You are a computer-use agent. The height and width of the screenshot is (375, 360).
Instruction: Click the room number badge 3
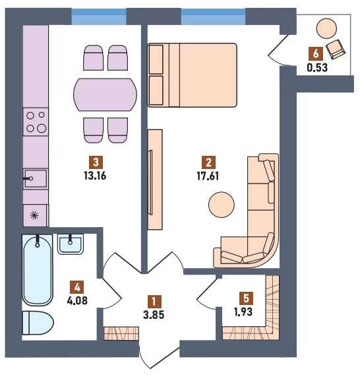tap(96, 162)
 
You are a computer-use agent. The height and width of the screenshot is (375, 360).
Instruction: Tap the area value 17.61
tap(208, 176)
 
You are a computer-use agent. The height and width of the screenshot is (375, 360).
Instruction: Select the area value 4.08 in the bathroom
tap(77, 300)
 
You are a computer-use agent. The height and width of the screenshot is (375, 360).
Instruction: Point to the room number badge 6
tap(316, 53)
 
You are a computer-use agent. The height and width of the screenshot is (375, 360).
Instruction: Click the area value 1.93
tap(243, 312)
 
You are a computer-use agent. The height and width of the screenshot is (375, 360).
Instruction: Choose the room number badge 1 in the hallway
tap(154, 301)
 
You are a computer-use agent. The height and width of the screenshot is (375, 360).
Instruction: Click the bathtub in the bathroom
tap(38, 270)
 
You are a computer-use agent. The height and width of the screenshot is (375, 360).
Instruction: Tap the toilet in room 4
tap(38, 323)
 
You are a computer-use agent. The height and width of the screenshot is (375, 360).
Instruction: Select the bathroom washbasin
tap(71, 244)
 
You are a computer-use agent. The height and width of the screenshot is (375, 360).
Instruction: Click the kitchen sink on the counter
tap(36, 179)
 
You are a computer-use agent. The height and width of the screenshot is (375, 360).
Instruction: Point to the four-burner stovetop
tap(36, 122)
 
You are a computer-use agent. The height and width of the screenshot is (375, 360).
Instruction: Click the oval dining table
tap(105, 94)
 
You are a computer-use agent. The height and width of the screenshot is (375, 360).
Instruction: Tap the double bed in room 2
tap(193, 75)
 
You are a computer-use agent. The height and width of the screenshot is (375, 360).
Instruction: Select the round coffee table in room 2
tap(221, 205)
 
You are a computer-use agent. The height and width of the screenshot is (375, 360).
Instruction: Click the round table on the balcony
tap(326, 28)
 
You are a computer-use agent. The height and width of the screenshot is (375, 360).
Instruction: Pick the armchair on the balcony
tap(336, 49)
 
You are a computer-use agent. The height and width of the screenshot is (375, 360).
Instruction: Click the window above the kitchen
tap(99, 17)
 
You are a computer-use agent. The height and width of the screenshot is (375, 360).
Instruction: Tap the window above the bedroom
tap(214, 17)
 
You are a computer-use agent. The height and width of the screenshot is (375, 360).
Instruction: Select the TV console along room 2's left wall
tap(155, 180)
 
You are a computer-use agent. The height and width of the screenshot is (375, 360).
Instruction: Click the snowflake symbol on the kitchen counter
tap(34, 215)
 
